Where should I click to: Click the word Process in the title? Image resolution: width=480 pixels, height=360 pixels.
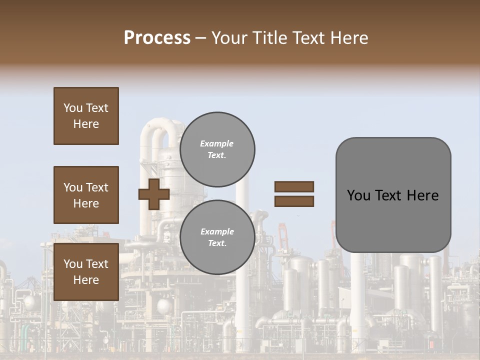[157, 38]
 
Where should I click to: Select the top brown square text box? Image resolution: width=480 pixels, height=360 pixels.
[86, 116]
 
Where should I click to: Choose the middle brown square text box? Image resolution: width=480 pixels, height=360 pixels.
[86, 195]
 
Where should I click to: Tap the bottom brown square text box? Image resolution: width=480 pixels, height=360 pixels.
[86, 272]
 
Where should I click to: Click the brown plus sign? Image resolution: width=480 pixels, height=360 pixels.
[154, 194]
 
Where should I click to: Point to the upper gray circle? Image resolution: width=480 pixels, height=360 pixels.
[217, 149]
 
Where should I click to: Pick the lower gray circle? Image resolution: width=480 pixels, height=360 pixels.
[217, 237]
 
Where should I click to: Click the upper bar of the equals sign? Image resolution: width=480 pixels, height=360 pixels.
[294, 187]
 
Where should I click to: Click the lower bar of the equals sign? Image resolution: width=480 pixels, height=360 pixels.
[294, 201]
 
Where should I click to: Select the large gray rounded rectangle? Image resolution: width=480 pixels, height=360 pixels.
[393, 195]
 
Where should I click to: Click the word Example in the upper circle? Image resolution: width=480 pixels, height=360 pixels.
[217, 143]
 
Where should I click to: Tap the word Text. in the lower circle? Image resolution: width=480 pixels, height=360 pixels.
[217, 243]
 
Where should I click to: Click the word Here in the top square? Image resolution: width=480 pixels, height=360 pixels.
[86, 124]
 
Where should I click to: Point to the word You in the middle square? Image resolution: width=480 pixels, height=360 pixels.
[72, 187]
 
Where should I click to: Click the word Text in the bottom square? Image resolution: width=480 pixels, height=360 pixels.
[97, 264]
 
